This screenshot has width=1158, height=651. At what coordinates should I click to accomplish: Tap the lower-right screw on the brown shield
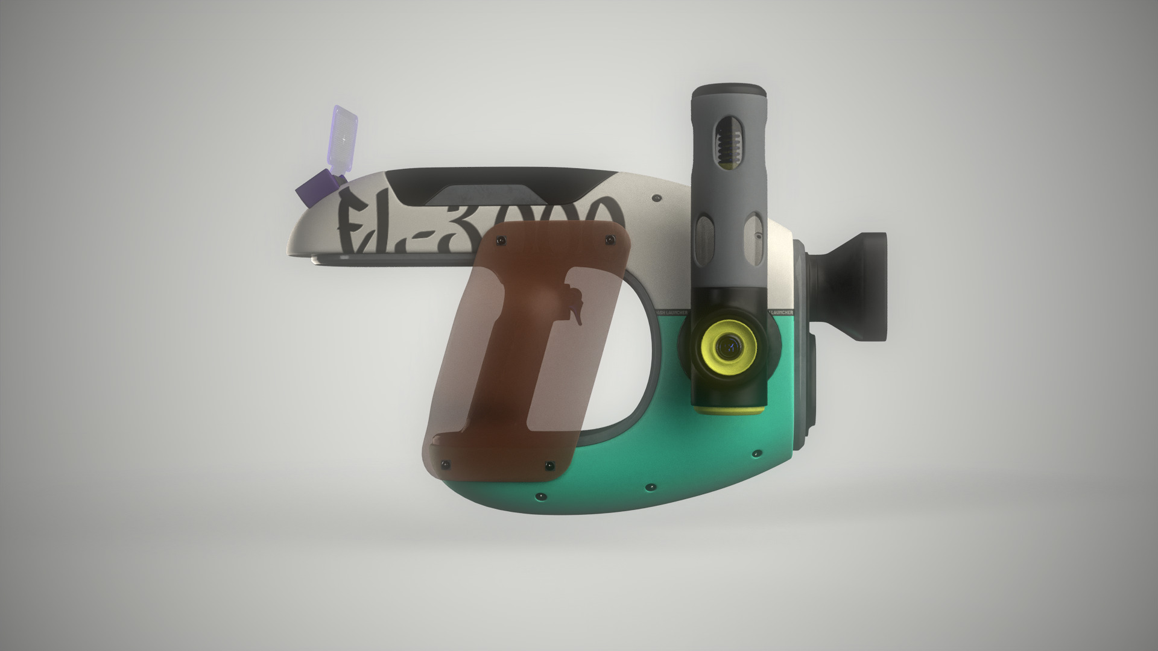(x=549, y=466)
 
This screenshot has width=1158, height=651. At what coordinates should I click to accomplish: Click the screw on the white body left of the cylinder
(x=656, y=197)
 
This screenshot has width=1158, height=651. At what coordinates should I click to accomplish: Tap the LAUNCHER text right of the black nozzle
(x=782, y=313)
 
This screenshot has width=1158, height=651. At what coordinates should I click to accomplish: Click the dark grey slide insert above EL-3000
(x=482, y=194)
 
